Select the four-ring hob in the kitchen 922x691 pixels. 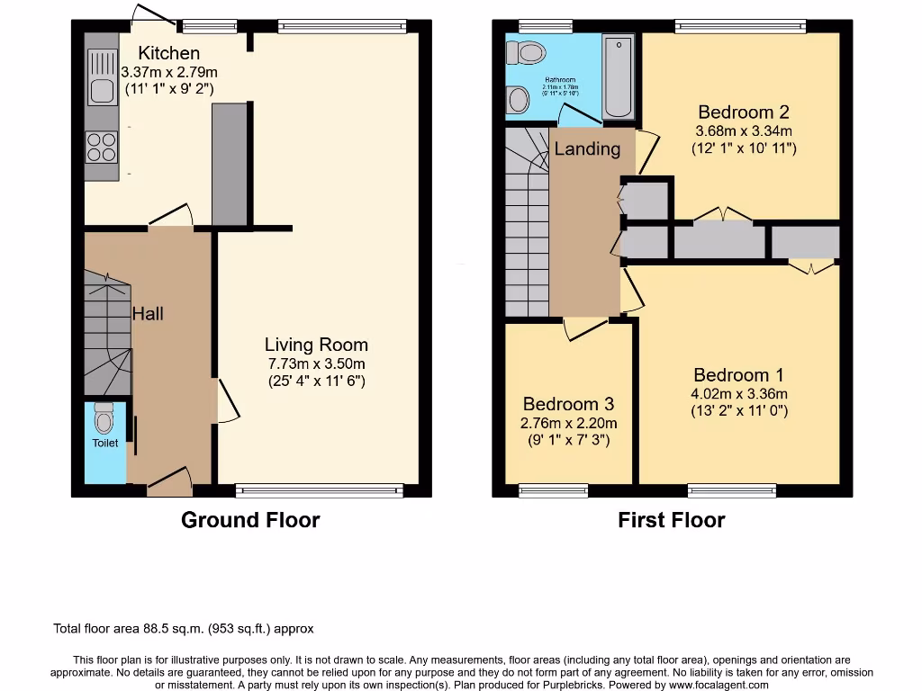point(102,148)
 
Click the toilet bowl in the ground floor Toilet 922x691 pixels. point(105,419)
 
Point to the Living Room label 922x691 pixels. point(316,345)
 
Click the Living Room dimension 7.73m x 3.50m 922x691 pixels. point(316,363)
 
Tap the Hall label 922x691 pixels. point(148,314)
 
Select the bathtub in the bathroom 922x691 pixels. point(618,77)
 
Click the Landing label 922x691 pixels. point(587,148)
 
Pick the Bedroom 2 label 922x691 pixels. point(744,112)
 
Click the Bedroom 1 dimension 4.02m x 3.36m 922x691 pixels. point(740,394)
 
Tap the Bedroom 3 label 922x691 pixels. point(567,404)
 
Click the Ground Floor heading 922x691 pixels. point(250,520)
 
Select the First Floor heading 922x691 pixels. point(671,520)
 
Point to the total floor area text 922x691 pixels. point(184,629)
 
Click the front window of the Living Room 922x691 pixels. point(320,490)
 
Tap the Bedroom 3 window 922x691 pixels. point(553,490)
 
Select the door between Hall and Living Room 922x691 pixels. point(225,401)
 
